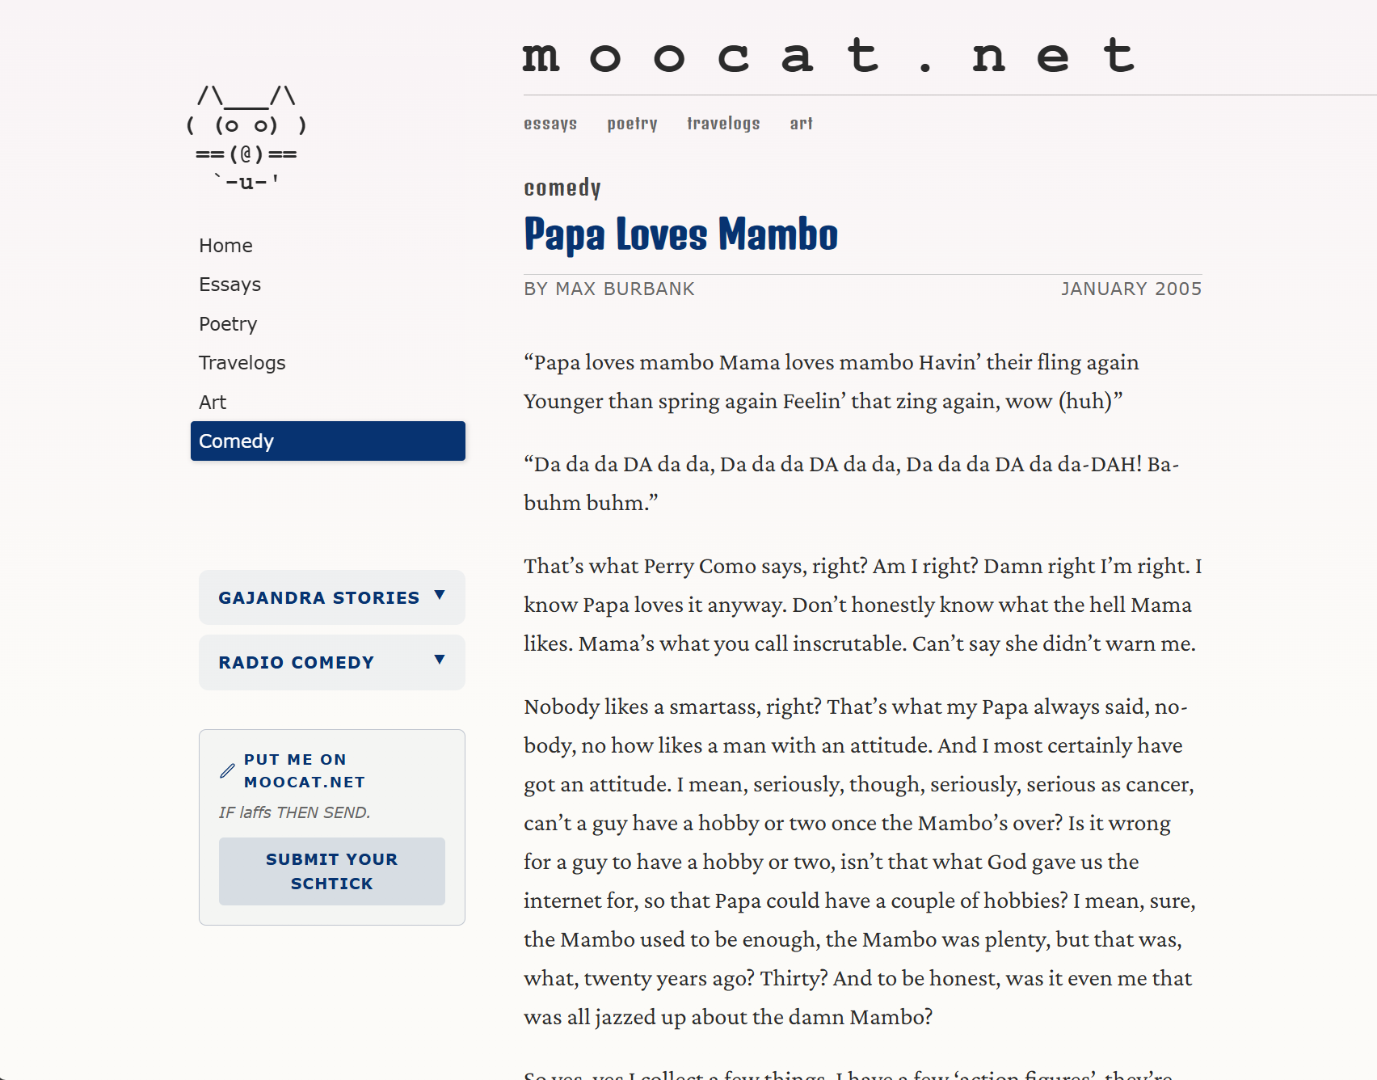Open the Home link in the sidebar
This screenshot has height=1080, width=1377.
coord(225,246)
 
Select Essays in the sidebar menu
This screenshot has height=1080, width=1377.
coord(229,285)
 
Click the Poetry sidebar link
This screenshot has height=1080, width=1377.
coord(228,324)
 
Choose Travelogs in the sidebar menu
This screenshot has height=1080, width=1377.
coord(242,363)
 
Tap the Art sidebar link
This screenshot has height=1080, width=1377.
coord(213,403)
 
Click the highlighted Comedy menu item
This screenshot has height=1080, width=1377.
coord(327,441)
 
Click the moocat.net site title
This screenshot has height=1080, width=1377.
coord(828,57)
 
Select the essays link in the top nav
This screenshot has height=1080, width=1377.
coord(550,124)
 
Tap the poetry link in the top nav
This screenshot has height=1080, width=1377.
coord(632,124)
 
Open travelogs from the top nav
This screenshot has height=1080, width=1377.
coord(723,124)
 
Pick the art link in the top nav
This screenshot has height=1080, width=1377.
coord(801,124)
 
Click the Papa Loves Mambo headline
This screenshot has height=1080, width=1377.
coord(680,234)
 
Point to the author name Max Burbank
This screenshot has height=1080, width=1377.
coord(625,289)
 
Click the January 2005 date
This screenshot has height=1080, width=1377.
coord(1131,289)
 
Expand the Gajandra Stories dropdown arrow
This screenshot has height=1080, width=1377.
coord(440,596)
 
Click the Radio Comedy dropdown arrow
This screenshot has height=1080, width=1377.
coord(440,660)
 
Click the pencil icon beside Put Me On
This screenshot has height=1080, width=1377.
coord(227,771)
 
